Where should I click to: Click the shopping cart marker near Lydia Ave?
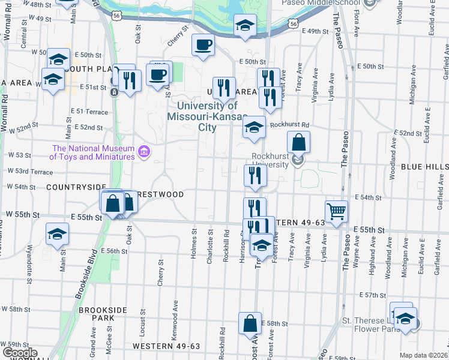click(x=336, y=211)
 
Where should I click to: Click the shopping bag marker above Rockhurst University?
click(x=298, y=143)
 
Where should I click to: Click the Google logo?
click(x=19, y=353)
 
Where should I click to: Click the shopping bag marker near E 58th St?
click(x=250, y=323)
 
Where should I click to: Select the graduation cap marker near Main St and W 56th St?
click(x=58, y=233)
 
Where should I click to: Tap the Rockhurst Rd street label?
click(x=289, y=125)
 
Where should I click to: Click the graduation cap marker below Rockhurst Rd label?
click(x=255, y=127)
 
